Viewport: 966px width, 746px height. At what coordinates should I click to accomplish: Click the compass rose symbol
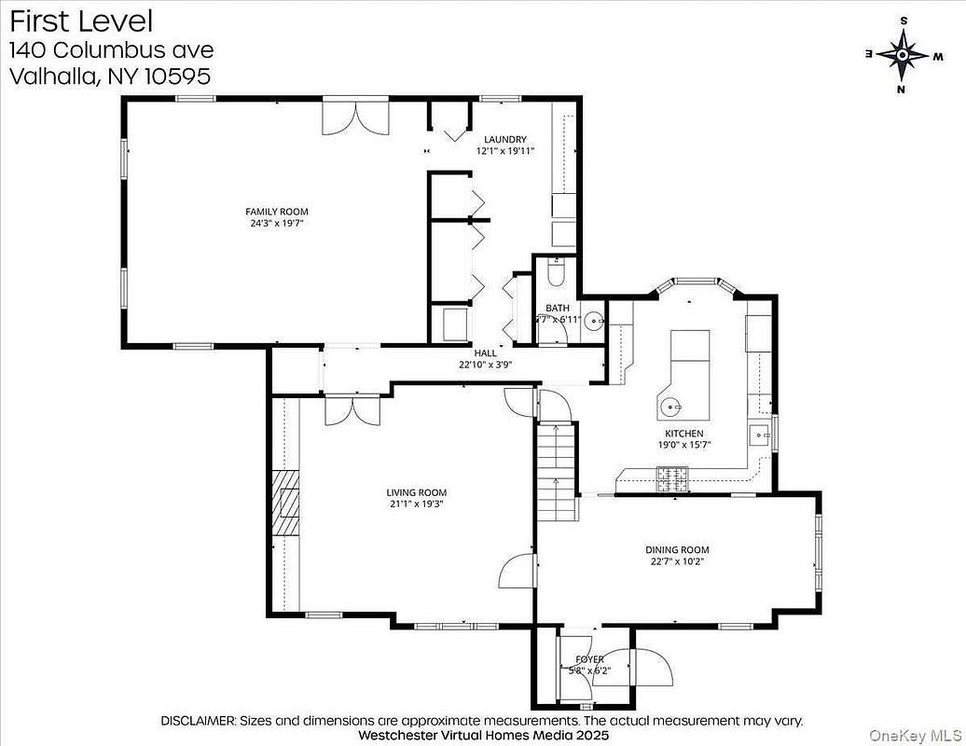point(902,54)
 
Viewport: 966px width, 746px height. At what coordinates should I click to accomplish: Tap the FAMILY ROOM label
point(276,212)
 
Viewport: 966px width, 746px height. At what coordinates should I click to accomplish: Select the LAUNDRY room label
point(504,140)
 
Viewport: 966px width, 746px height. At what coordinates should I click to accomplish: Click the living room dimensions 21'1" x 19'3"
point(416,504)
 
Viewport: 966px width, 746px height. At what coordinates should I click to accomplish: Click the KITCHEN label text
point(683,434)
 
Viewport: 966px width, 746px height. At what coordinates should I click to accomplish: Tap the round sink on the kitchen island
point(672,406)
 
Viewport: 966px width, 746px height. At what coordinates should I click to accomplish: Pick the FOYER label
point(588,659)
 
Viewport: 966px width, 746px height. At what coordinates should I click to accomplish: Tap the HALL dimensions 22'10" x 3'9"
point(485,365)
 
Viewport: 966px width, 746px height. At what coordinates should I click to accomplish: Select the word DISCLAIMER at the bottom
point(199,721)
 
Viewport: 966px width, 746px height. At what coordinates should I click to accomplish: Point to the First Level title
point(82,21)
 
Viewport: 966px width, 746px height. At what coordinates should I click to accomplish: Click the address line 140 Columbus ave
point(111,49)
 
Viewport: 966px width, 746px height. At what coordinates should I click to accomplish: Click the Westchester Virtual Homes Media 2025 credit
point(483,735)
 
